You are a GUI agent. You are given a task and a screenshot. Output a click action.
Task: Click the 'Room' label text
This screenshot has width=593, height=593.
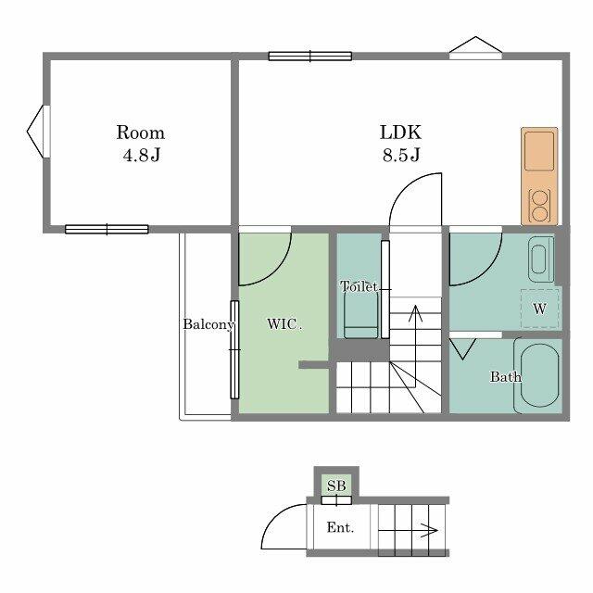tap(140, 132)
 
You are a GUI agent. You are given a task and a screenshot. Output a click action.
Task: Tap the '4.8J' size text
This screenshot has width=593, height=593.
tap(141, 155)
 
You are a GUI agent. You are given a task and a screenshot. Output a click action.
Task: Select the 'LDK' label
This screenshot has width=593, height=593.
tap(400, 132)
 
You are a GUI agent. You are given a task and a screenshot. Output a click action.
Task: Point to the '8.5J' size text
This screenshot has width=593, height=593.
tap(400, 155)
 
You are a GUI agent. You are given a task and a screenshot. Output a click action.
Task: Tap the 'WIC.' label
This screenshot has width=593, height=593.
tap(284, 324)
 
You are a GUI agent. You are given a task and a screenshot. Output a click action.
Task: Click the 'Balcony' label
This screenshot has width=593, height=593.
tap(207, 324)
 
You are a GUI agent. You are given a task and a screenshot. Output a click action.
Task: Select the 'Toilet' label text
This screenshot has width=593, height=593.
tap(359, 287)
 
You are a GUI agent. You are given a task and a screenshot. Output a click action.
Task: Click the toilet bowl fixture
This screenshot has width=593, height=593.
tap(360, 318)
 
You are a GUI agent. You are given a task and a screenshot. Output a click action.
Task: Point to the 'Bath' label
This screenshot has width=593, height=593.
tap(505, 377)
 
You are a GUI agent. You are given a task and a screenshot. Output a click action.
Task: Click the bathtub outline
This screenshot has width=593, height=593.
tap(539, 375)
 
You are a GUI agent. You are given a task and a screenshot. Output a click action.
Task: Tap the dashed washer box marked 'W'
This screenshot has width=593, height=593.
tap(539, 308)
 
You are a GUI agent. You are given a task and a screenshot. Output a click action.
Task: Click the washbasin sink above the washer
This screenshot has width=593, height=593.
tap(540, 259)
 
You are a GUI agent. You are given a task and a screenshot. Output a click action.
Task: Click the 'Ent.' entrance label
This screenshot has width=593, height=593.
tap(338, 528)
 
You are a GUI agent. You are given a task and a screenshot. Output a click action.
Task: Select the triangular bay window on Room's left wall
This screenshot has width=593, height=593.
tap(36, 132)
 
